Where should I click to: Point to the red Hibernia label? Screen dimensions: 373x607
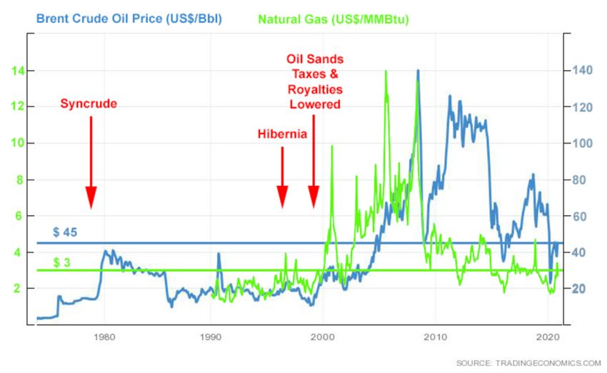(282, 134)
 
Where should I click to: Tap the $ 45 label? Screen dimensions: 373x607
(65, 232)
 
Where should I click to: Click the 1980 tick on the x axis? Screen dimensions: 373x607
(104, 336)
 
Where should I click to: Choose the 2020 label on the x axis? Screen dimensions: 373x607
(547, 336)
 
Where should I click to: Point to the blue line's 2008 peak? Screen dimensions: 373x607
(417, 71)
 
